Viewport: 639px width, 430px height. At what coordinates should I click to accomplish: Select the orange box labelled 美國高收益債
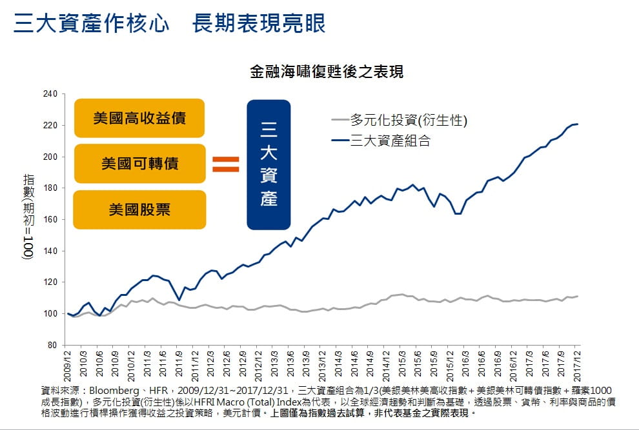139,119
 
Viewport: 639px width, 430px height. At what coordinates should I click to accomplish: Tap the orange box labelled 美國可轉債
139,164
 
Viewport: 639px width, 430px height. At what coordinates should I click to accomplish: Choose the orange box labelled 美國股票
139,210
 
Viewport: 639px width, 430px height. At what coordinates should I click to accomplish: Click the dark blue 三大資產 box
269,164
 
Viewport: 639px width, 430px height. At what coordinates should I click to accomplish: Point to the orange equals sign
226,164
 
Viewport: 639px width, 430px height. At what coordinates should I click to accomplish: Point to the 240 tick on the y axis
50,94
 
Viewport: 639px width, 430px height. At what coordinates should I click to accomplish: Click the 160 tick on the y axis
50,220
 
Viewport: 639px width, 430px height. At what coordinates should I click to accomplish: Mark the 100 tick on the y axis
50,314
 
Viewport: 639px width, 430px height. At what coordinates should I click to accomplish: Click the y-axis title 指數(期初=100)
28,216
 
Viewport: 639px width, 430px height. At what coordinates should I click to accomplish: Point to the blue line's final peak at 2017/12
577,124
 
